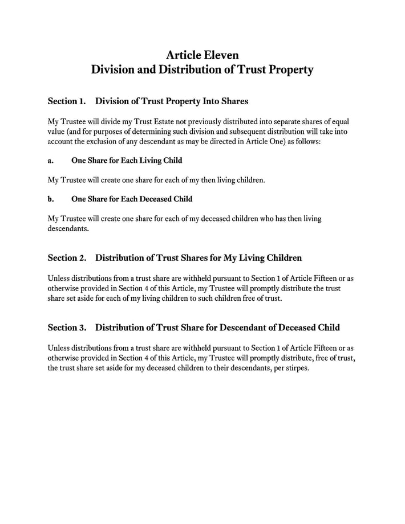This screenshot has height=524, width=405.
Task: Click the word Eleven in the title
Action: (x=221, y=55)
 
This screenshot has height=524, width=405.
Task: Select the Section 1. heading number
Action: (x=67, y=101)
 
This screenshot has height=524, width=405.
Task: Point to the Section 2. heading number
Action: (x=67, y=258)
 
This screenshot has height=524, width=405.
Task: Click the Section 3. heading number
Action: (x=67, y=327)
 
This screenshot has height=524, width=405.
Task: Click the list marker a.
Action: (x=51, y=161)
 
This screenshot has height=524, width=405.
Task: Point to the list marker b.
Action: (x=51, y=199)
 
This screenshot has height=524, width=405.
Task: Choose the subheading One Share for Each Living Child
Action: (x=127, y=161)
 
